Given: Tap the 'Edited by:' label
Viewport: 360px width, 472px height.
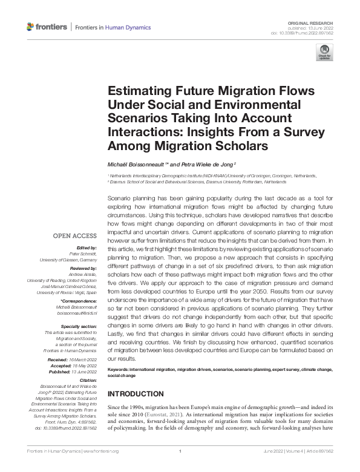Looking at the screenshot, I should (x=88, y=247).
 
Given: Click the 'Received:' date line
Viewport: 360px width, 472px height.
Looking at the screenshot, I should (x=79, y=360).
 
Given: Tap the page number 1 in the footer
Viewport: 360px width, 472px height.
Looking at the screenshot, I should (x=180, y=451).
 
